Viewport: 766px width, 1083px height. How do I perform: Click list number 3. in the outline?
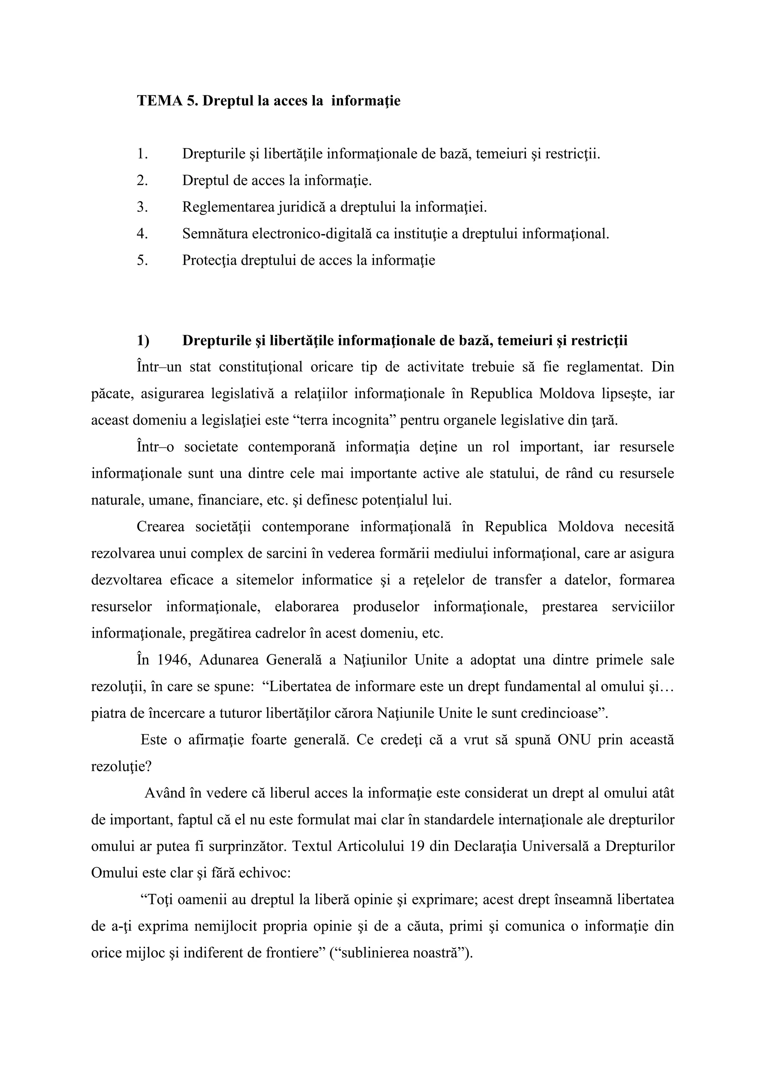[x=143, y=207]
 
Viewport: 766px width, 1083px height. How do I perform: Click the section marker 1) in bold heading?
[x=143, y=341]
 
